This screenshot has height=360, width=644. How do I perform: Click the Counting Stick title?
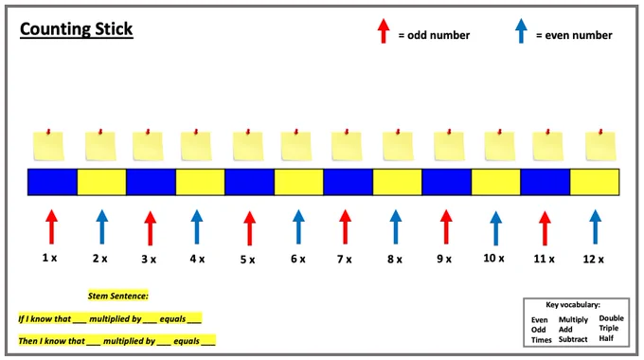[x=77, y=29]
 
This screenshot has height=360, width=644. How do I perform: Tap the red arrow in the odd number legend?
[x=384, y=31]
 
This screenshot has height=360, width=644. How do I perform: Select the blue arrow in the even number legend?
[x=521, y=31]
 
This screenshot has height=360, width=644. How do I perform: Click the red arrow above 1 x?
[x=51, y=226]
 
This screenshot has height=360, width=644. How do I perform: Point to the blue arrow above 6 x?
[x=298, y=226]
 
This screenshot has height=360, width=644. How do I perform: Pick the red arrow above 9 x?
[x=446, y=226]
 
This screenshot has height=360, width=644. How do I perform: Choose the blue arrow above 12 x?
[x=595, y=226]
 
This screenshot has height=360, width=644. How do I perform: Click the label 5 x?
[x=247, y=260]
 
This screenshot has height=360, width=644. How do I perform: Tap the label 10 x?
[x=493, y=258]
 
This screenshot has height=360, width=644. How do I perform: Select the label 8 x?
[x=395, y=260]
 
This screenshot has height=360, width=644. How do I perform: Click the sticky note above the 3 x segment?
[x=148, y=145]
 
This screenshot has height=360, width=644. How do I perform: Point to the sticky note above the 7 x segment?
[x=347, y=145]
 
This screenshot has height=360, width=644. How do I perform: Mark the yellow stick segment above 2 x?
[x=101, y=182]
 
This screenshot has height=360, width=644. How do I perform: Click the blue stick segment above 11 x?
[x=545, y=182]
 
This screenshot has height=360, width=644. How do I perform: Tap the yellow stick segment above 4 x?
[x=200, y=182]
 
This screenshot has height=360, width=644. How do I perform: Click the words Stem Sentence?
[x=117, y=296]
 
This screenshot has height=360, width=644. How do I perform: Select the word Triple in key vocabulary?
[x=609, y=329]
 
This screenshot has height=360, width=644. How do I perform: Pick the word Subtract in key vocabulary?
[x=573, y=339]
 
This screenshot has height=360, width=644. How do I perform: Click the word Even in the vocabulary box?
[x=539, y=319]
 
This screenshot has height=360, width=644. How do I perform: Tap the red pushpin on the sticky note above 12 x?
[x=600, y=132]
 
